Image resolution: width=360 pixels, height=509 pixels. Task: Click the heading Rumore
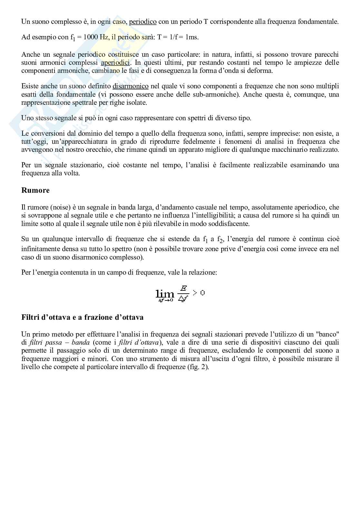point(35,191)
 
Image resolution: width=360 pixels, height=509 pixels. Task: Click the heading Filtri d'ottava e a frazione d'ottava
point(82,317)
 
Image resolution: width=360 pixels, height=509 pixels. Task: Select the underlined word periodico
point(143,22)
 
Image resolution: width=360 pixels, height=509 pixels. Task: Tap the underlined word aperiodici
point(115,63)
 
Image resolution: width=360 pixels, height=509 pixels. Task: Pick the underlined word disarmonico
point(130,86)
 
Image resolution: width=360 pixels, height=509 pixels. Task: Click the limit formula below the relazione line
point(180,294)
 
